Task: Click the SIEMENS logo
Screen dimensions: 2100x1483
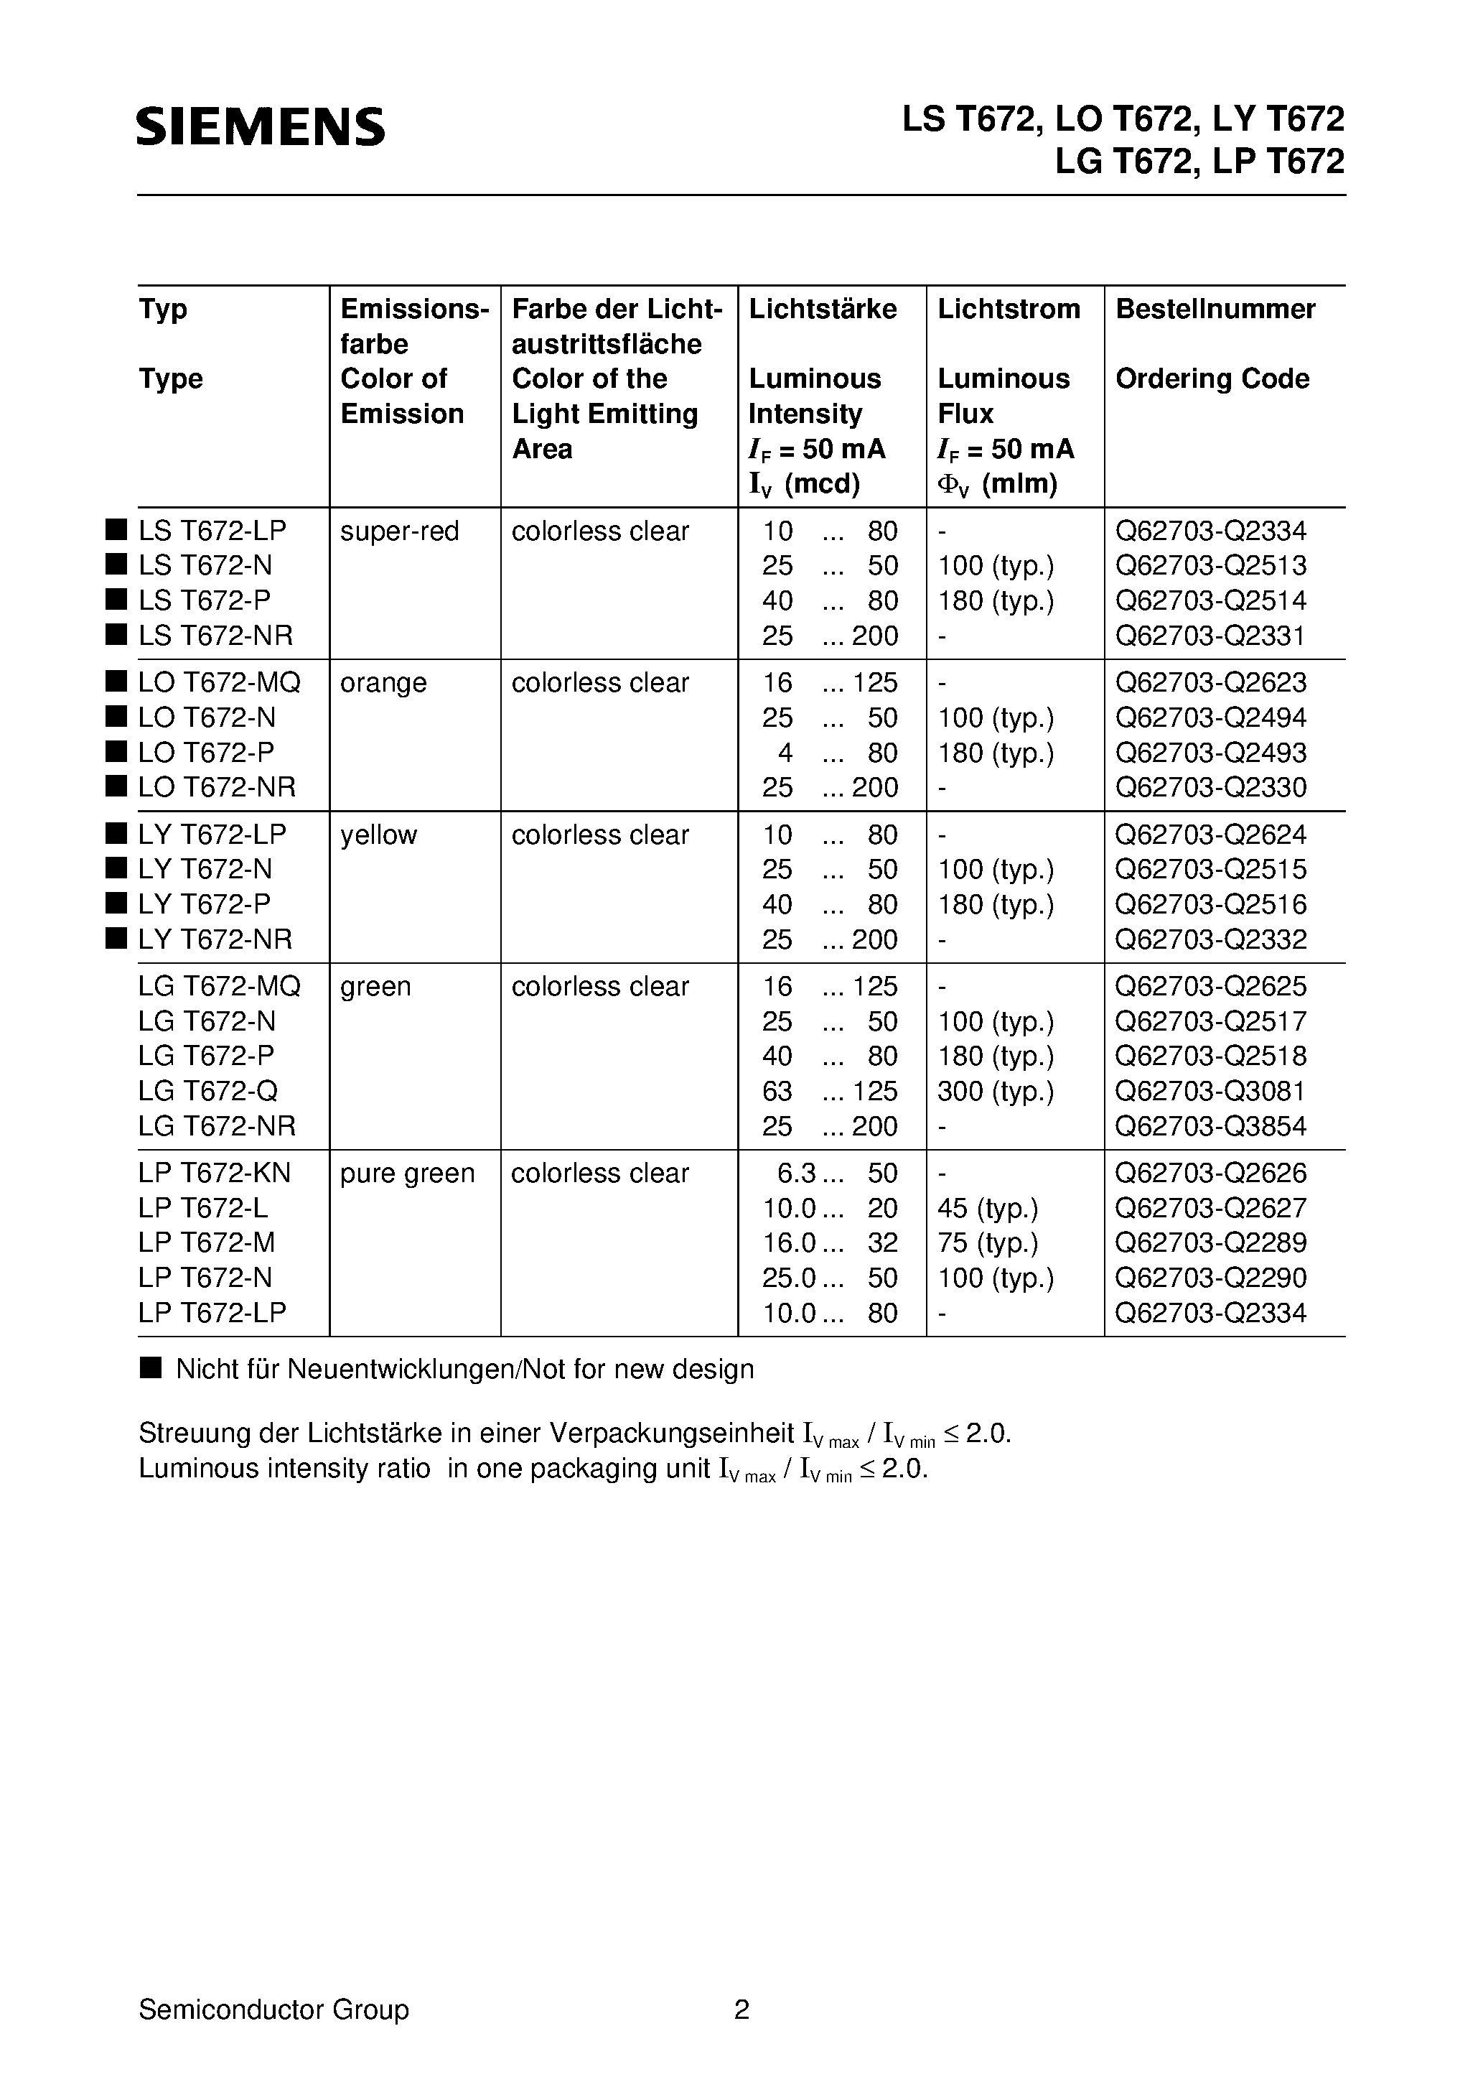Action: point(261,127)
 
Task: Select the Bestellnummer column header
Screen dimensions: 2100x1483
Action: point(1215,309)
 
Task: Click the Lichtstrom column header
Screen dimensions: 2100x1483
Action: point(1009,309)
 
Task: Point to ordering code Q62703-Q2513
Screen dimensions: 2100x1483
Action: point(1210,566)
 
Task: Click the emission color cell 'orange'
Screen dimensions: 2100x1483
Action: point(383,683)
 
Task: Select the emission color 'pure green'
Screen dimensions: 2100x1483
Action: point(407,1174)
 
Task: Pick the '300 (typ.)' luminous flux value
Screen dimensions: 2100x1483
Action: point(996,1091)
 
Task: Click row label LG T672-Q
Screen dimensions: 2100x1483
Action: point(207,1091)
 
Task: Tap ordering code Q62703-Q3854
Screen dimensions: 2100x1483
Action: point(1210,1126)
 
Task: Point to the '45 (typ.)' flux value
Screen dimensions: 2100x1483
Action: point(988,1208)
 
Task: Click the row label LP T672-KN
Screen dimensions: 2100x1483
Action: point(214,1174)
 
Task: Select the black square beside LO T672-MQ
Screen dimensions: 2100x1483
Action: point(115,682)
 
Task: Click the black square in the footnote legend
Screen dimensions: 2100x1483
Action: point(150,1368)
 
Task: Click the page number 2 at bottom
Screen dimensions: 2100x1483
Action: point(741,2010)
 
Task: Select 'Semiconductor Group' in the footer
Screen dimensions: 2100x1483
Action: point(273,2010)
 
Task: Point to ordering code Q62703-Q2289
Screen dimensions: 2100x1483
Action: point(1210,1243)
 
